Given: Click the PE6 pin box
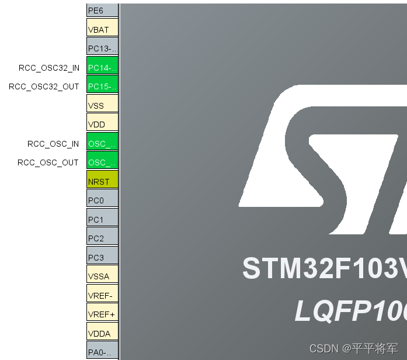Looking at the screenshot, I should (102, 10).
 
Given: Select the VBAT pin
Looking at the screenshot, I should (102, 29).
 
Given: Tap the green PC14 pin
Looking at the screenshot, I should (102, 67).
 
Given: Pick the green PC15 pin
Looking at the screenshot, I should (102, 86).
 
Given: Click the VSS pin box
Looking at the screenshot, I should (102, 105).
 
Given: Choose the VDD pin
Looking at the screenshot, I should (102, 124).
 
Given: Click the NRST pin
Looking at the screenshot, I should (102, 181).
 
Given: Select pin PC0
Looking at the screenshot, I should (102, 200).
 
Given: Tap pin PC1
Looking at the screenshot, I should (102, 219).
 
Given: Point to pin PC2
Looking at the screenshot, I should (102, 238).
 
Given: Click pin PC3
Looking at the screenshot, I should (102, 257).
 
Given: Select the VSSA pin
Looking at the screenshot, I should (102, 276).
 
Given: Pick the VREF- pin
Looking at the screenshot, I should (102, 295).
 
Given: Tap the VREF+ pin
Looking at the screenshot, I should (102, 314).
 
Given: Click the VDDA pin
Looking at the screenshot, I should (102, 333).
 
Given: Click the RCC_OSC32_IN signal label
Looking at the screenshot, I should (49, 68).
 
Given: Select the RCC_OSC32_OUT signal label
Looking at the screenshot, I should (44, 86).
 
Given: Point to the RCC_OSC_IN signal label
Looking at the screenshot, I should (53, 144).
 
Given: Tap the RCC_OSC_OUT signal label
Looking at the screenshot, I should (48, 162).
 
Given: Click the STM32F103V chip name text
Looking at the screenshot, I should (324, 268).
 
